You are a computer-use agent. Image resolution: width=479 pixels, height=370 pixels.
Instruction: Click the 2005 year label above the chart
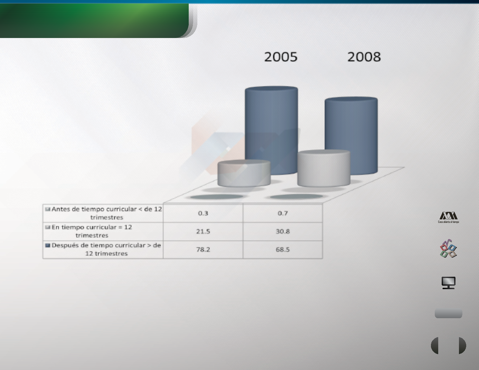281,57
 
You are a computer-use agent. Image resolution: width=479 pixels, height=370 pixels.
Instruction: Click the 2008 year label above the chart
364,57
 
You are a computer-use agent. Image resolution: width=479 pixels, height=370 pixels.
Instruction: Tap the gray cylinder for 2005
244,174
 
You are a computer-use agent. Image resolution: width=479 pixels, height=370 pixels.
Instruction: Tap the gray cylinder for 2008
324,168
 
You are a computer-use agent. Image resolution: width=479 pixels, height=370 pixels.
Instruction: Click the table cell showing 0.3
203,213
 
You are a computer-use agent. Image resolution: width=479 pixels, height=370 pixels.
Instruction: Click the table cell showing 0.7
283,213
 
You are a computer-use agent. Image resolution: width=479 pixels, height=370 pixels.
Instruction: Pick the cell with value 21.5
203,231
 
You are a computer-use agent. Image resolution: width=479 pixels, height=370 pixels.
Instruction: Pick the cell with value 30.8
283,231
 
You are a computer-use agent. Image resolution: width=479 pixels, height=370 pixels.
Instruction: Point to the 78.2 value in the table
203,249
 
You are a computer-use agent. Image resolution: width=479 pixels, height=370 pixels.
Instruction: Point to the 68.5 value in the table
283,249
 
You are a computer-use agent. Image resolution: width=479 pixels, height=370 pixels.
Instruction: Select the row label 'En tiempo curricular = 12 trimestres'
92,231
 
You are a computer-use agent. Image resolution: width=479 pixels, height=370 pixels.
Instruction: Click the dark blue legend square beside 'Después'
47,245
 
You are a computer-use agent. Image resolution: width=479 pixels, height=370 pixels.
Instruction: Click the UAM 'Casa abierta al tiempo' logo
448,217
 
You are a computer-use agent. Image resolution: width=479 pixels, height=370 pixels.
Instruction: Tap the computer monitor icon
449,283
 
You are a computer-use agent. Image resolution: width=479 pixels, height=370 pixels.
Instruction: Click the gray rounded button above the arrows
448,313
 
